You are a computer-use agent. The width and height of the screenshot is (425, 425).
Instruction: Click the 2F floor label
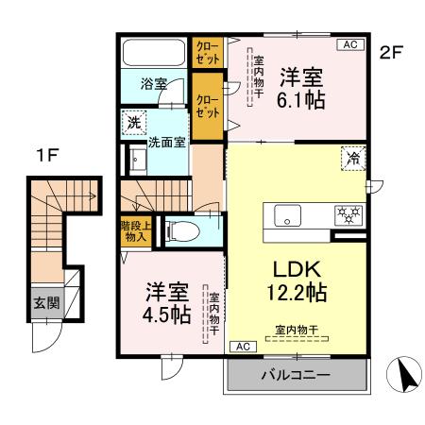(391, 53)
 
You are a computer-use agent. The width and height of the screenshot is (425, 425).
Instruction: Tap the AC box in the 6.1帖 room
(349, 44)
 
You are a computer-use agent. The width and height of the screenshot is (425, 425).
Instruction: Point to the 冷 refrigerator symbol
(350, 158)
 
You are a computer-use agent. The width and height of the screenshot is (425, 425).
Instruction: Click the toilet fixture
(186, 230)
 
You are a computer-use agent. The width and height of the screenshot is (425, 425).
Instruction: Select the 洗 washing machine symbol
(133, 122)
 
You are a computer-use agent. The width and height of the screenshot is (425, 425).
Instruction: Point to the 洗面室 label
(166, 144)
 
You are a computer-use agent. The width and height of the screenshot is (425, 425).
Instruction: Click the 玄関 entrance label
(46, 303)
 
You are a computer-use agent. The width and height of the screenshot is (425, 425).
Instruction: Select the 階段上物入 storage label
(133, 230)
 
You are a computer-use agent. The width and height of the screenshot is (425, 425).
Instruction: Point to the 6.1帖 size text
(302, 98)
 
